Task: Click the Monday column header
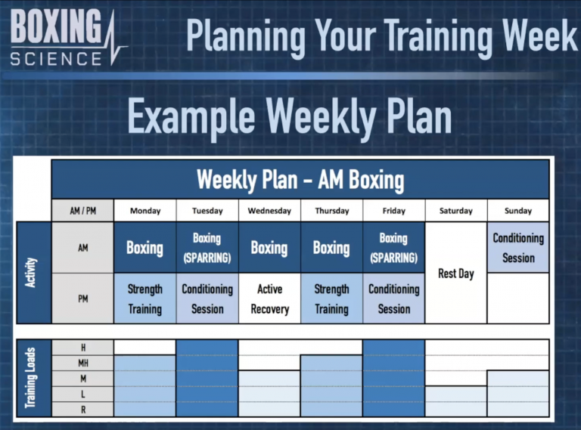tap(144, 211)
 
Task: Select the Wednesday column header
tap(269, 211)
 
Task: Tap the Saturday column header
tap(455, 211)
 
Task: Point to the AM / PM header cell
tap(82, 211)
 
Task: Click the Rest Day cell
tap(455, 273)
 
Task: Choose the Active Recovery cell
tap(269, 299)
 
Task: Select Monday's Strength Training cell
tap(144, 299)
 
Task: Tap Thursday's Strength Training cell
tap(331, 299)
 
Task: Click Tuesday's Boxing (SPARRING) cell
tap(207, 247)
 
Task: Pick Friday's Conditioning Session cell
tap(393, 299)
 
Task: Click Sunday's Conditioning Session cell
tap(518, 247)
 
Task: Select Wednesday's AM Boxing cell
tap(269, 247)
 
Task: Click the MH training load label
tap(82, 363)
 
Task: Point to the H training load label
tap(82, 347)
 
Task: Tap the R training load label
tap(82, 410)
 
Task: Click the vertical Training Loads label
tap(33, 378)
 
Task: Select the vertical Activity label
tap(33, 273)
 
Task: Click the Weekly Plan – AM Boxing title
tap(300, 180)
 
